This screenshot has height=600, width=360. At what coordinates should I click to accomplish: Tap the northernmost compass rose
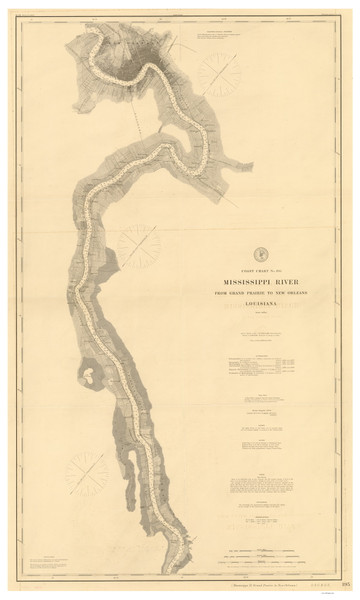(x=220, y=72)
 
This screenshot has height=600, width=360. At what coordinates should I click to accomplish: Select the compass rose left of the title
(x=139, y=245)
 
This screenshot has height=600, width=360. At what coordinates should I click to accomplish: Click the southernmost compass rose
(x=87, y=472)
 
